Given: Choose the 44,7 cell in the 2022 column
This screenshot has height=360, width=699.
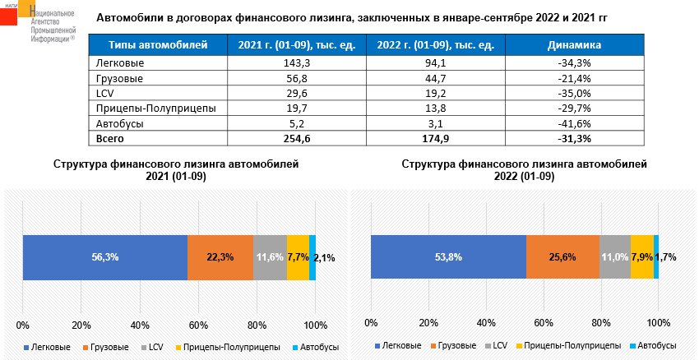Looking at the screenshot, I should (x=433, y=78).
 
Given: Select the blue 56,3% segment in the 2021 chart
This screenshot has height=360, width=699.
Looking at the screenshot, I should (x=105, y=257).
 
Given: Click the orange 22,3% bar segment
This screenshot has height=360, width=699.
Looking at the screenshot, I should (x=220, y=257).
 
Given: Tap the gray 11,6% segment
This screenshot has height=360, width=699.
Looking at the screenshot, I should (x=270, y=257).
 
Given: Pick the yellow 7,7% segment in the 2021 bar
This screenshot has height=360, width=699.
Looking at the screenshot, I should (x=298, y=257).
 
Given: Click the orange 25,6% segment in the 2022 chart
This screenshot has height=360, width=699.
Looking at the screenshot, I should (x=562, y=257).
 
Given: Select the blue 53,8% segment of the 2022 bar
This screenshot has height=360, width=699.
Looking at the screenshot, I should (x=448, y=257).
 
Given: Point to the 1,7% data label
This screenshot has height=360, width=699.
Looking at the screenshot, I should (x=666, y=257).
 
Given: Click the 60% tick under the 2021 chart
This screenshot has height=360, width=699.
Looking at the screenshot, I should (x=198, y=322).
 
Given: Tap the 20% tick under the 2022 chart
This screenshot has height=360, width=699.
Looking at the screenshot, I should (x=428, y=322).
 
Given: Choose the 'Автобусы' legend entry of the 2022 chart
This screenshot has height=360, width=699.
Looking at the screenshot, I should (x=655, y=347).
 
